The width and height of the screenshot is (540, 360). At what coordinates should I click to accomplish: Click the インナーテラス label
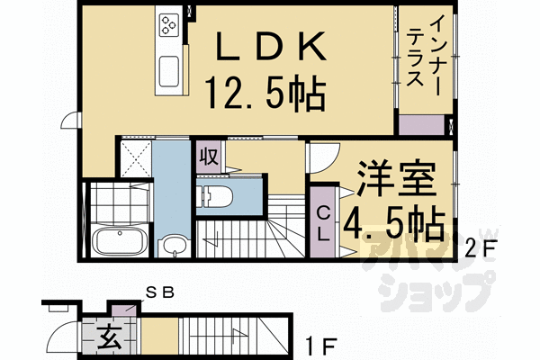click(423, 55)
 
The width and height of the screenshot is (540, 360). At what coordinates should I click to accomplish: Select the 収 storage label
click(207, 155)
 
